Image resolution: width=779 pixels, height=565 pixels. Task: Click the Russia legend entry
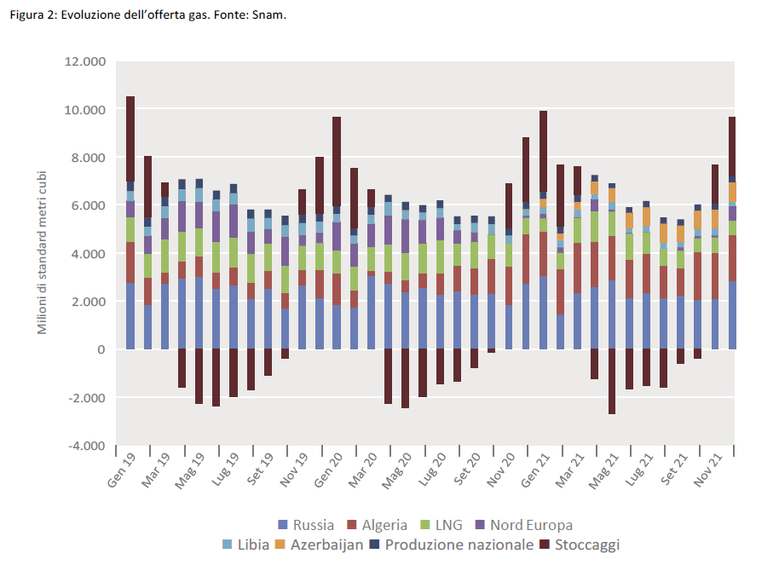[x=306, y=525]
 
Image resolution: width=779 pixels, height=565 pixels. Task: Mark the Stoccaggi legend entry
[x=580, y=545]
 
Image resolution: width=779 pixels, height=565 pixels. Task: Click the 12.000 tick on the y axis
[x=84, y=62]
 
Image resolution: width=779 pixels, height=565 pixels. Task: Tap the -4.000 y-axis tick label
[x=85, y=446]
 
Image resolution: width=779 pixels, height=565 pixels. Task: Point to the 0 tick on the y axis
[x=100, y=349]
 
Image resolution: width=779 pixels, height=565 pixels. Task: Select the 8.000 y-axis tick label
[x=86, y=158]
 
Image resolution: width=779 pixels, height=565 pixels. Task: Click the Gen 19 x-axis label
[x=123, y=470]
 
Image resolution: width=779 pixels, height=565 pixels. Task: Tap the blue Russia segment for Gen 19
[x=130, y=316]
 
